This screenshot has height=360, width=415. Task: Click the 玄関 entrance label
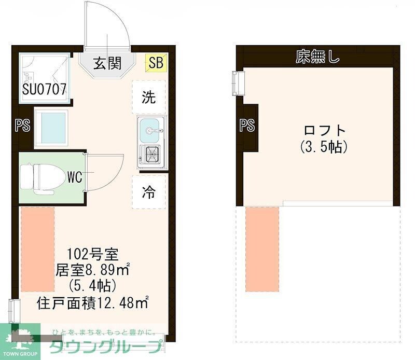107,63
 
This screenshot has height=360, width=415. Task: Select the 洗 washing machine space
149,98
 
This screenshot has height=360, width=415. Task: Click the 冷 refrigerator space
149,192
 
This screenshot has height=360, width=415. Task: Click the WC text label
75,177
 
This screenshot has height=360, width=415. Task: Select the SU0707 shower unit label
44,89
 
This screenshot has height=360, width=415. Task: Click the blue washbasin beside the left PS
51,127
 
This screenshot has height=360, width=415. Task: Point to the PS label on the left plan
22,126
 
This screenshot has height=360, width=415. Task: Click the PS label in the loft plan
247,125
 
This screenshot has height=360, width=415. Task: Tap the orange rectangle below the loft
262,250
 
